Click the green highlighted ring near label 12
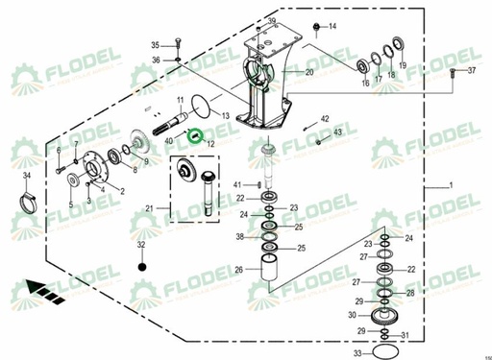(x=196, y=135)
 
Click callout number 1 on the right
(x=447, y=183)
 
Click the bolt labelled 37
(x=453, y=72)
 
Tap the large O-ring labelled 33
(x=383, y=353)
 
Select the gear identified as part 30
(x=384, y=316)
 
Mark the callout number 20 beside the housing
(x=309, y=73)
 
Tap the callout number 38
(x=240, y=236)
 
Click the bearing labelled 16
(x=364, y=65)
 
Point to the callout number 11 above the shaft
(x=179, y=101)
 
